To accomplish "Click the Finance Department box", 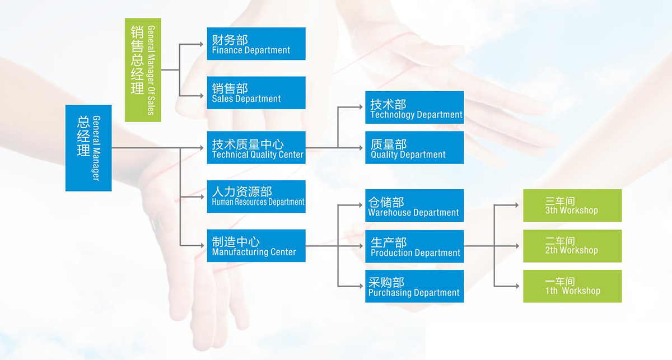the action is [x=256, y=44].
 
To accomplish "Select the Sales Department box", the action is [x=256, y=93].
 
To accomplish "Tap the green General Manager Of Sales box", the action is [x=143, y=70].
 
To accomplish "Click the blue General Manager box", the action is [x=88, y=148].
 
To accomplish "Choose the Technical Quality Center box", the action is [x=256, y=147].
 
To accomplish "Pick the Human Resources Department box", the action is [x=256, y=197].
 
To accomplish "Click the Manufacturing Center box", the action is [x=256, y=246].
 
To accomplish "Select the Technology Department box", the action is [x=414, y=107].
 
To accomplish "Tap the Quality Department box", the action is [x=414, y=147].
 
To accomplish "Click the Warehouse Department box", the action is [x=414, y=205].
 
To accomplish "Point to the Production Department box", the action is [x=414, y=246].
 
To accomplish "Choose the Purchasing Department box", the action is [x=414, y=286].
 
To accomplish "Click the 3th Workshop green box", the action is [x=572, y=205].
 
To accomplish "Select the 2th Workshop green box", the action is [x=572, y=246].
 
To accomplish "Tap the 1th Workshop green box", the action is [x=572, y=286].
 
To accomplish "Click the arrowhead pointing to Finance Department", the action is [x=202, y=44].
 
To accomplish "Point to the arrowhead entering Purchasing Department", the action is [x=361, y=286].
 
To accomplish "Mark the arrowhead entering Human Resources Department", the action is [x=202, y=197].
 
